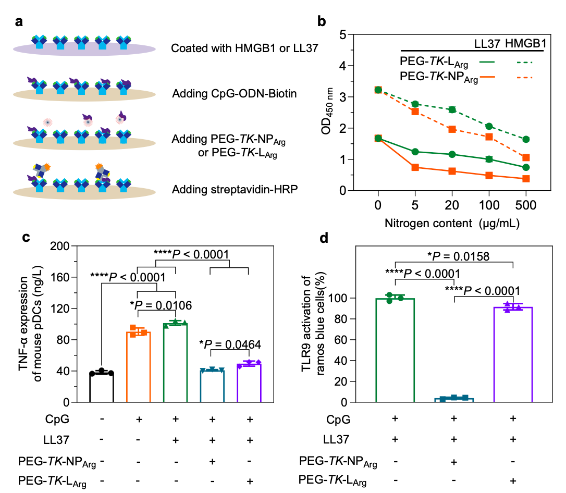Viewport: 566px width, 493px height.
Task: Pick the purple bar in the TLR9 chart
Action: coord(513,355)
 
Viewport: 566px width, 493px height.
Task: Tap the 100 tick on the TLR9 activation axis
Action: coord(365,298)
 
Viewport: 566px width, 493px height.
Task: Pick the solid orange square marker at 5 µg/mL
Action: coord(415,167)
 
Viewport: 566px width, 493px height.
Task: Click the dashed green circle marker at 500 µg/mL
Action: coord(526,139)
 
